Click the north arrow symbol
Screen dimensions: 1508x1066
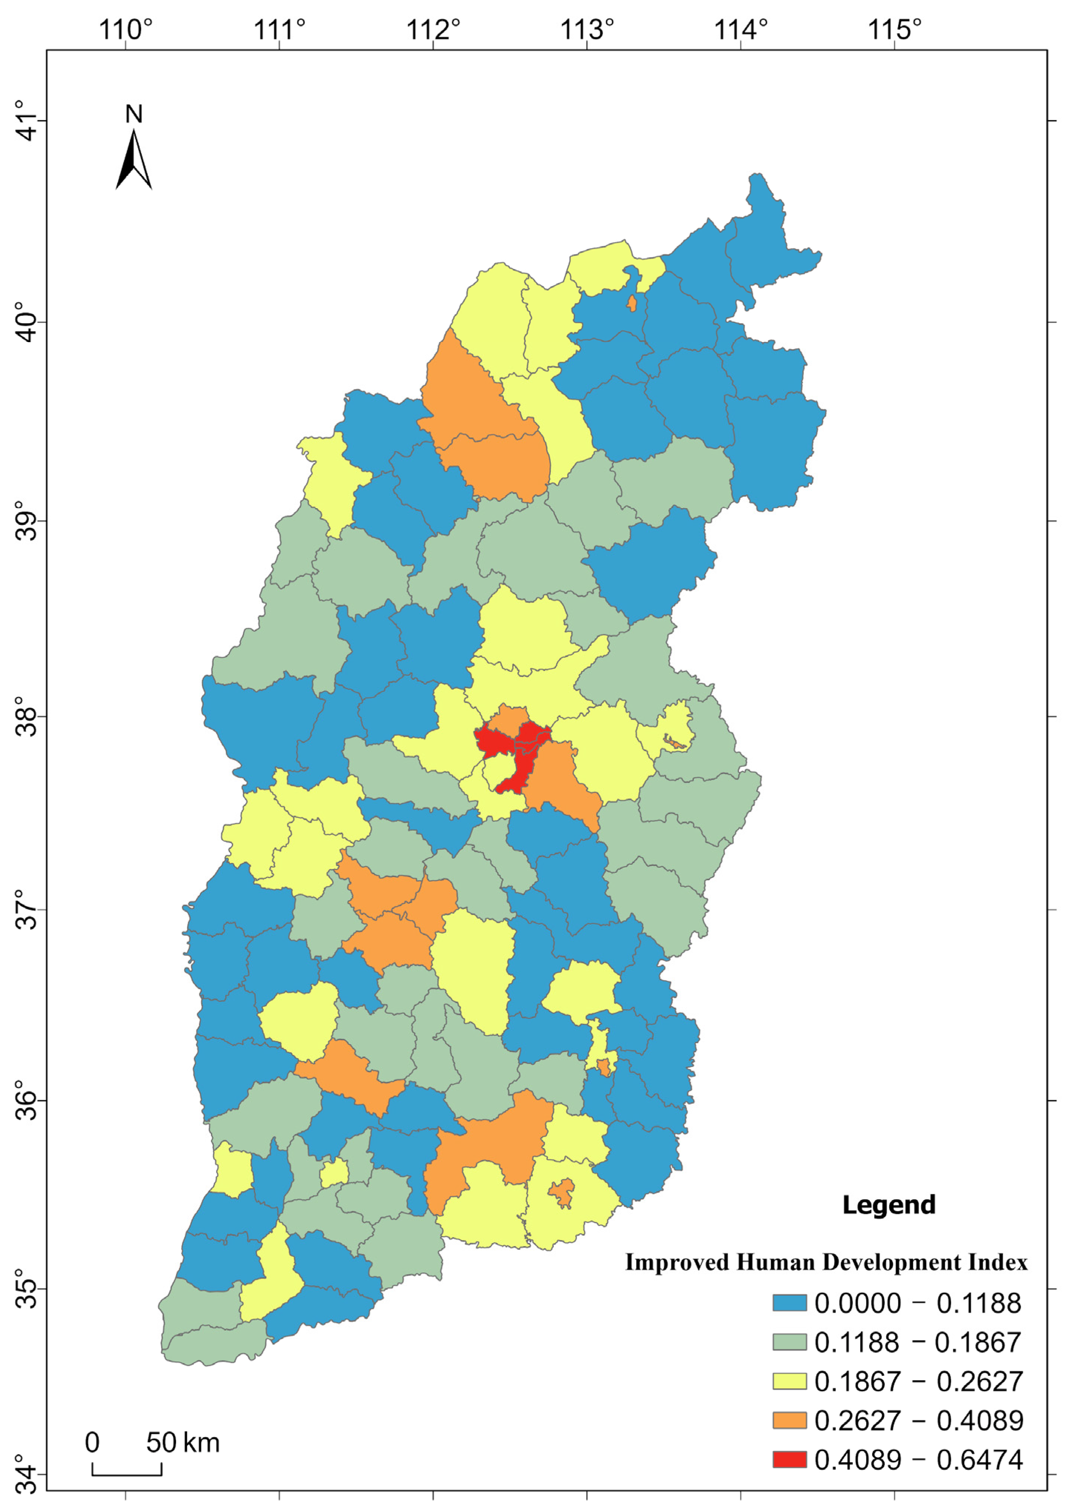[134, 160]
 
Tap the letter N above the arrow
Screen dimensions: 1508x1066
[134, 114]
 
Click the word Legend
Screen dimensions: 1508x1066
[889, 1205]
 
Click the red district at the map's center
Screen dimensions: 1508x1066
[522, 755]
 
